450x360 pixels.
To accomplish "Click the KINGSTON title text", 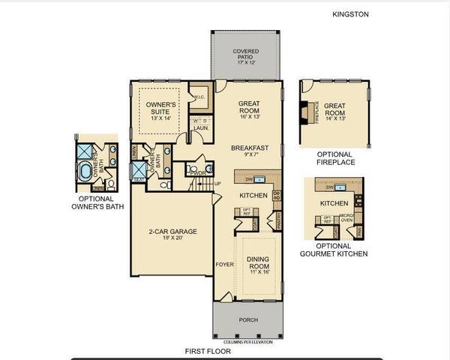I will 351,13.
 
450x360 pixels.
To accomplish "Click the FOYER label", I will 224,264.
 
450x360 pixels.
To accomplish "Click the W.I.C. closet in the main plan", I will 199,97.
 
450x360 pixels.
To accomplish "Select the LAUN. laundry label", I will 200,127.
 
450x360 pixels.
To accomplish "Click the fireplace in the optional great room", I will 304,112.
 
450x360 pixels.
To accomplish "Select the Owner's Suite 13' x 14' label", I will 160,111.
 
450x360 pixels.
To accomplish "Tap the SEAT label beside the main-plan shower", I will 139,180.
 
